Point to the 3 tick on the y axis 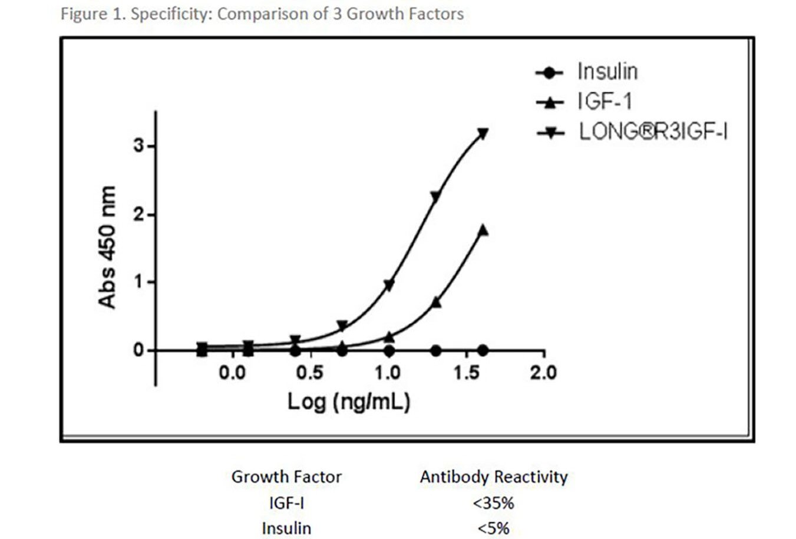139,146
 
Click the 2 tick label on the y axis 139,215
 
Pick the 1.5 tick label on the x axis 465,373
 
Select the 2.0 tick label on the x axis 543,373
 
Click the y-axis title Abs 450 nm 107,247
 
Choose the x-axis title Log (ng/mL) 348,402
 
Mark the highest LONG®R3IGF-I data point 483,134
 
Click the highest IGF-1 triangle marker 483,230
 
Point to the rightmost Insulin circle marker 483,350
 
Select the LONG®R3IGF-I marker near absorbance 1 389,285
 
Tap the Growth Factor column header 286,476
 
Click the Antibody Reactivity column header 494,476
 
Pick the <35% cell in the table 494,503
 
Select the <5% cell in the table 494,528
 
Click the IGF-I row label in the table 286,503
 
